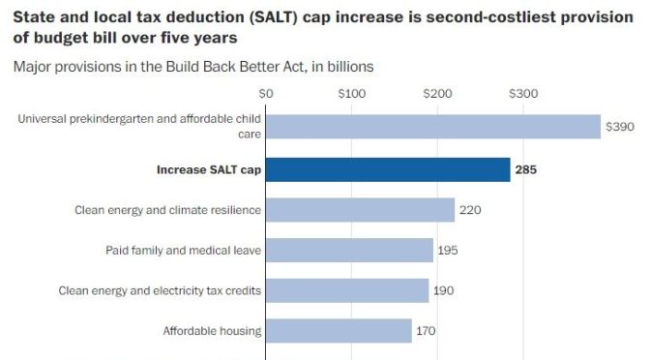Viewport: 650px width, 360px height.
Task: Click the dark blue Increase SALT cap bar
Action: pos(388,169)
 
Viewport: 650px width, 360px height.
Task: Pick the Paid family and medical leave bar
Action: pos(349,251)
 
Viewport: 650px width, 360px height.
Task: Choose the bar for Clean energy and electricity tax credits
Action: pos(347,290)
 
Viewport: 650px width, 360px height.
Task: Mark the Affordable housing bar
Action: pos(339,331)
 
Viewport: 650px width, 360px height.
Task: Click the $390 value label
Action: pos(619,127)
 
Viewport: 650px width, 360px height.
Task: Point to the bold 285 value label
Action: pos(527,169)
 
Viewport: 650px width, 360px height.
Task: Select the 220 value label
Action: pos(471,210)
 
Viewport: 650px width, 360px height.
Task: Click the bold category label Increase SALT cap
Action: pos(209,169)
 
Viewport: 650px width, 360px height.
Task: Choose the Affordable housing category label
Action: pos(213,331)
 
